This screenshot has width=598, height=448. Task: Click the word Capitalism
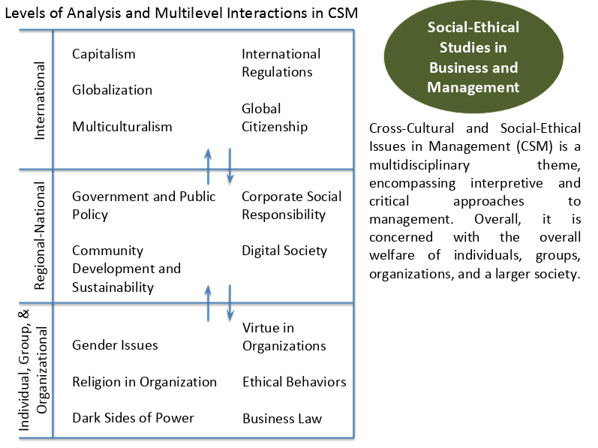104,54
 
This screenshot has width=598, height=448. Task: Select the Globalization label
112,90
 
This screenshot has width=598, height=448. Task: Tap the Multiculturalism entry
122,127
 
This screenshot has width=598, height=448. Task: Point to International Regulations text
281,63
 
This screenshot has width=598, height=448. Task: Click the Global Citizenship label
275,117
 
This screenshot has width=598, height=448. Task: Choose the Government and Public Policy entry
144,206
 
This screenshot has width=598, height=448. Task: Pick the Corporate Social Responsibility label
292,206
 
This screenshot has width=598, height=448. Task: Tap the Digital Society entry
284,251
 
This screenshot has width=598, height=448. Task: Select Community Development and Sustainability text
126,269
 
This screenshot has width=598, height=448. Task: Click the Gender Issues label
115,345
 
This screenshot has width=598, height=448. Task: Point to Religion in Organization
145,382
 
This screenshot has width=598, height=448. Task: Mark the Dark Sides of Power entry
133,418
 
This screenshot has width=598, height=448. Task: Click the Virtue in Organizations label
284,337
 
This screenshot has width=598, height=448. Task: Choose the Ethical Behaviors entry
294,382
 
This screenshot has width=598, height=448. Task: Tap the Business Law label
282,419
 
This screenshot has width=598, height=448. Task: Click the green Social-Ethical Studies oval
473,57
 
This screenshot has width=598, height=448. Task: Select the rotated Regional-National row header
40,236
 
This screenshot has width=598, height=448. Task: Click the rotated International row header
40,101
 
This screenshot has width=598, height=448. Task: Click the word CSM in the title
342,13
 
